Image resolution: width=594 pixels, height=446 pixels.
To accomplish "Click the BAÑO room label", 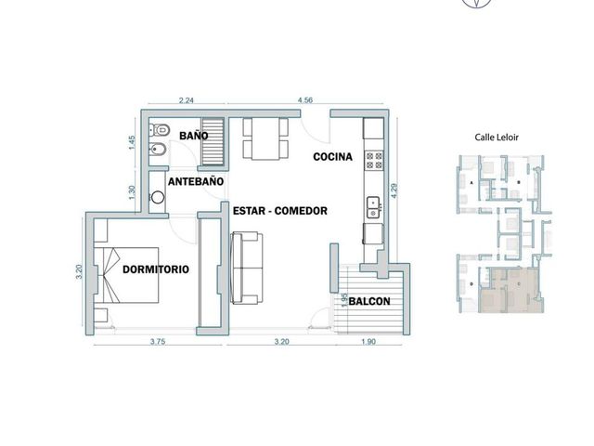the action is [194, 136].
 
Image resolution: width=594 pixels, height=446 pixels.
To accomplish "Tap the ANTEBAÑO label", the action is [196, 182].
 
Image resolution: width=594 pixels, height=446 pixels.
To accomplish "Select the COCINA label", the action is [332, 157].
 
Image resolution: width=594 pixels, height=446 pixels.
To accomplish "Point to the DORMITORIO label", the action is [156, 269].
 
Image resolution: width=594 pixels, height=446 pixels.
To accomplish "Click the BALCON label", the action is [369, 301].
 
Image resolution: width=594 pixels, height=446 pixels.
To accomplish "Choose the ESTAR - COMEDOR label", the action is [280, 211].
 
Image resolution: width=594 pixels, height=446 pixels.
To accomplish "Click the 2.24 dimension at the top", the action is [186, 100].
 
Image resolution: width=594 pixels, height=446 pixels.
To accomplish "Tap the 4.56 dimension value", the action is [305, 100].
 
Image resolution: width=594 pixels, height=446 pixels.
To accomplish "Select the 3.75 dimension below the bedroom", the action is [158, 341].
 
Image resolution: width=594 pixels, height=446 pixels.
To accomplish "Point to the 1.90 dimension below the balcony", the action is [368, 341].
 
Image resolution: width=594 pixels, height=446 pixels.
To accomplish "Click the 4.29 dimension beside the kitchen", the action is [394, 190].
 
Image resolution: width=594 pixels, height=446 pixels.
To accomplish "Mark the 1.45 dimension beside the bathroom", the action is [132, 143].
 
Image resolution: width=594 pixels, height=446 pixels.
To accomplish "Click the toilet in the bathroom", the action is [160, 130].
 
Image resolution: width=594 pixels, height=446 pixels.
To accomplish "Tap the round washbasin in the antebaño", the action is [158, 197].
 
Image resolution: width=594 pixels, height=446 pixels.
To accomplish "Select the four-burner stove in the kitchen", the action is [374, 160].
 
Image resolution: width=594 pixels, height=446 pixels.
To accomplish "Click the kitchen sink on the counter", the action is [373, 207].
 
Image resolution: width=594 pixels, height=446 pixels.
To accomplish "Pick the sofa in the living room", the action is [246, 269].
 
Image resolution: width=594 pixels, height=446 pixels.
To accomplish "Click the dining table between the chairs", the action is [265, 138].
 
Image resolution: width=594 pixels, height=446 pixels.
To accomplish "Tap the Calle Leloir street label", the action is [497, 138].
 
